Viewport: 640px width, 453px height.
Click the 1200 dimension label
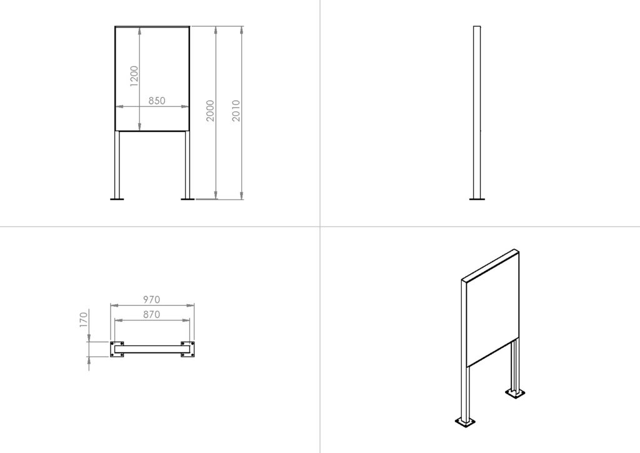pos(134,76)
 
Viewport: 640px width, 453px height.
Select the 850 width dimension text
pos(157,101)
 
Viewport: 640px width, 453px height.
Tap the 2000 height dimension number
pos(210,111)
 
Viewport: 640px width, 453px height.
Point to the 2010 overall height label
pos(236,110)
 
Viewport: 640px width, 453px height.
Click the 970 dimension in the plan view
pos(151,300)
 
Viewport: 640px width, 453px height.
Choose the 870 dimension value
pos(151,315)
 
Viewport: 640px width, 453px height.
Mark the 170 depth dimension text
pos(84,320)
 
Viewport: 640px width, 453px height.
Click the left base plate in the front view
pos(117,199)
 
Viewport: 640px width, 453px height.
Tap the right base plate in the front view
pos(187,199)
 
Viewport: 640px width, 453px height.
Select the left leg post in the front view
pos(117,164)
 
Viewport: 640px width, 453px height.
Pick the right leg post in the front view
pos(187,164)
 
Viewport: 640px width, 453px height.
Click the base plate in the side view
pos(477,199)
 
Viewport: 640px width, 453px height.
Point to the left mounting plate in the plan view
pos(117,349)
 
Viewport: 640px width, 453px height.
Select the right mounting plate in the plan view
pos(187,349)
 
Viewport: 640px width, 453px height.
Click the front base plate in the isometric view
pos(465,422)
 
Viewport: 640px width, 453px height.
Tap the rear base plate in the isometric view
pos(515,393)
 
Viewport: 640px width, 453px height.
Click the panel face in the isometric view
pos(492,310)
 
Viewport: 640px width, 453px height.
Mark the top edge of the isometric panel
pos(490,264)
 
